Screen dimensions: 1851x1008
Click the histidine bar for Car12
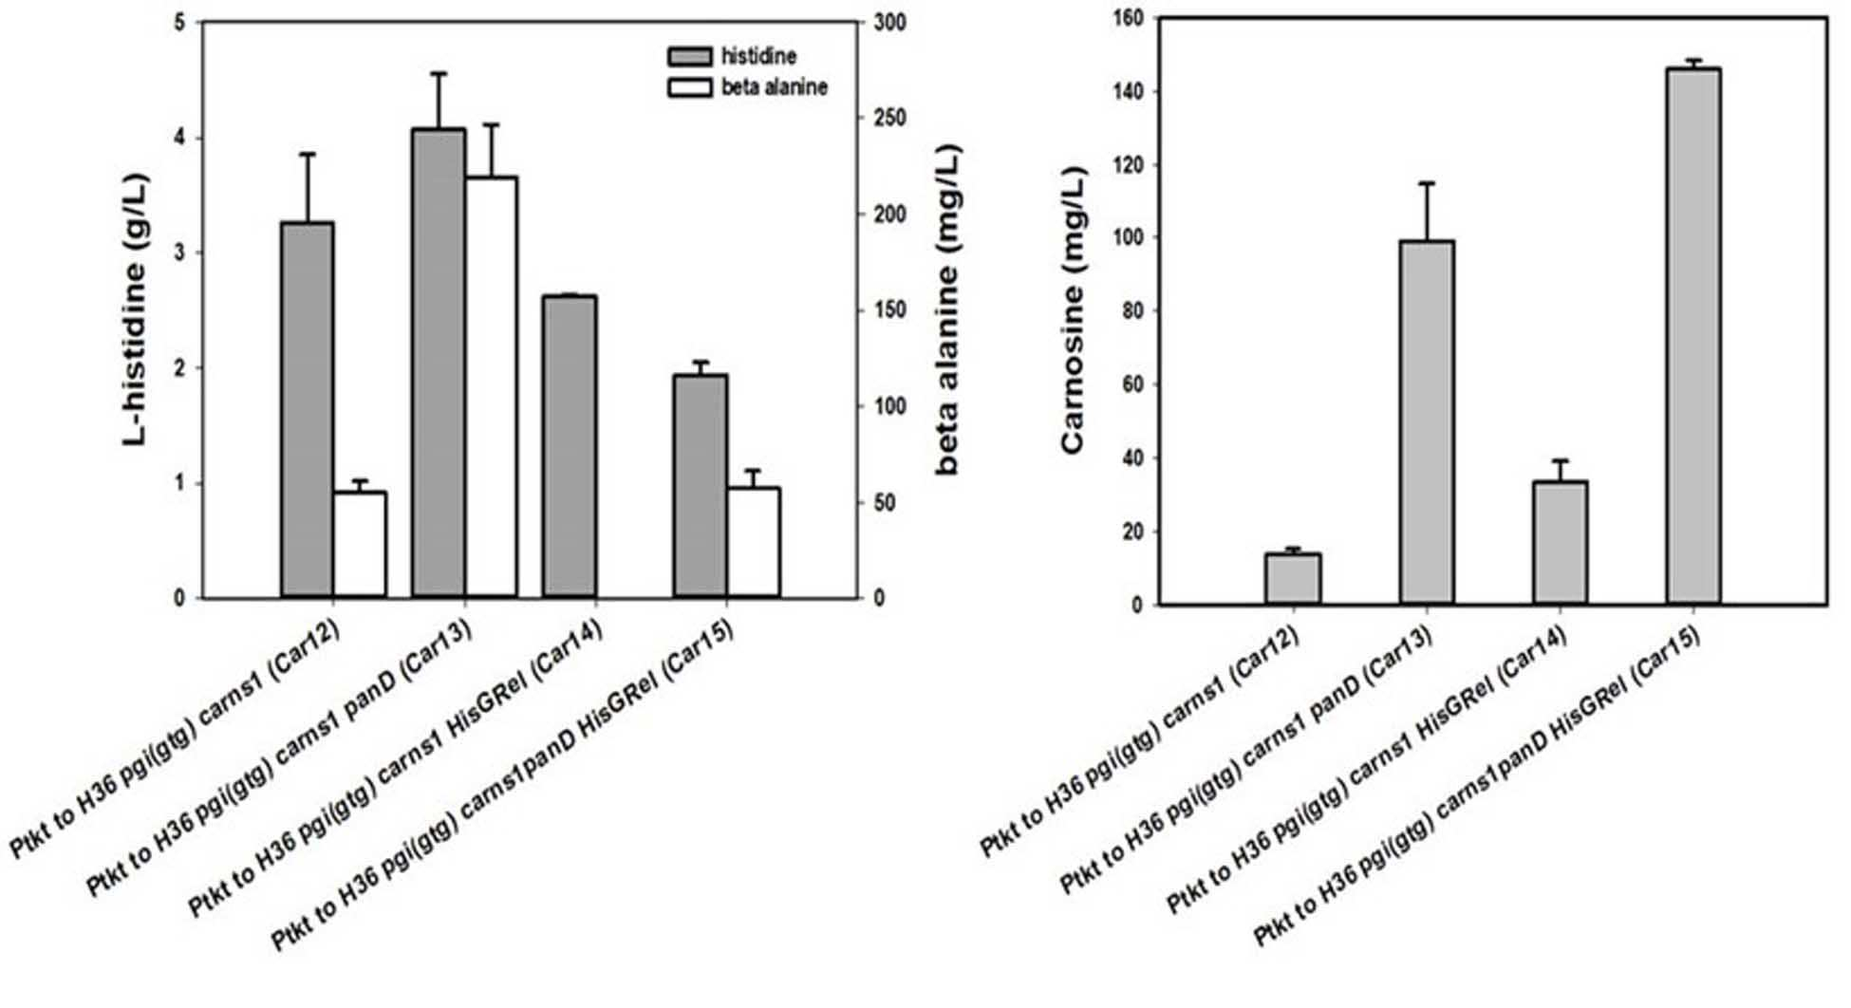(x=308, y=410)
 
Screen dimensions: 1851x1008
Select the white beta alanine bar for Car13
(x=491, y=387)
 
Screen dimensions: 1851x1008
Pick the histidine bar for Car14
(x=570, y=447)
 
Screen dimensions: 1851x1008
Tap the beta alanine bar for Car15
(x=754, y=543)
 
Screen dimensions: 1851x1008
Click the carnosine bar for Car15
(x=1693, y=336)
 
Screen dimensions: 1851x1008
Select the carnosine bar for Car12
(x=1293, y=579)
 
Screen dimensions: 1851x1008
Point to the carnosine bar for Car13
(x=1427, y=422)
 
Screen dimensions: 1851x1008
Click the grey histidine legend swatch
(x=689, y=56)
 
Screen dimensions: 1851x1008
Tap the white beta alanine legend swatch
(x=689, y=87)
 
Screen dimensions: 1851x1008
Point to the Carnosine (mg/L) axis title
(x=1072, y=310)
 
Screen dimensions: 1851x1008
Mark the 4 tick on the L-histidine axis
(x=180, y=139)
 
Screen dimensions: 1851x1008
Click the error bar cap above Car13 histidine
(x=439, y=73)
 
